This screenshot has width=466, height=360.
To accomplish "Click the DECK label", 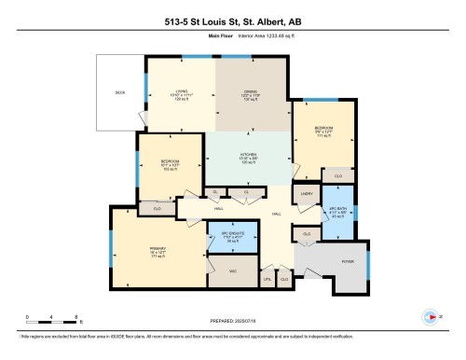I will (x=119, y=93).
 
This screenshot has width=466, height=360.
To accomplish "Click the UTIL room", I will (x=267, y=278).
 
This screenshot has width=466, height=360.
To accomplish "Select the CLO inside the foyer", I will (x=307, y=233).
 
